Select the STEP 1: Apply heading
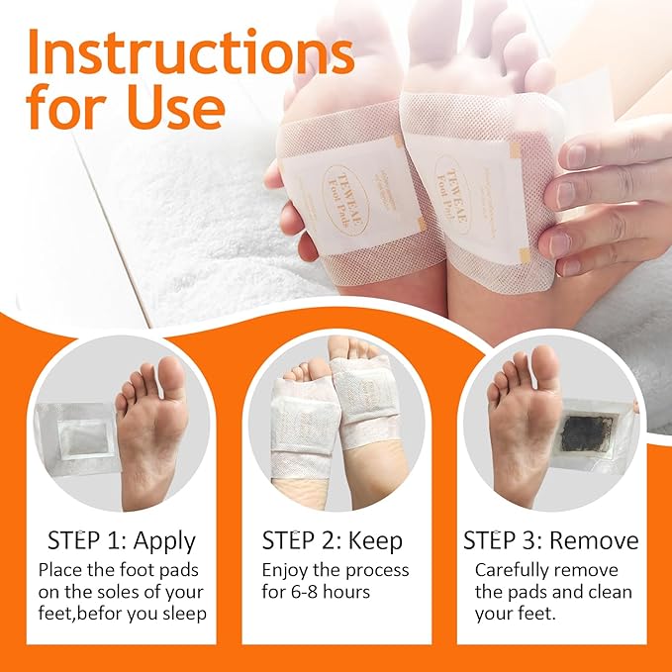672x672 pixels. pyautogui.click(x=121, y=540)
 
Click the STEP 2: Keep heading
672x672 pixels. pyautogui.click(x=332, y=540)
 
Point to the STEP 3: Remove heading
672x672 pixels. pyautogui.click(x=551, y=540)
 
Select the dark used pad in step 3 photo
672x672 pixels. pyautogui.click(x=587, y=432)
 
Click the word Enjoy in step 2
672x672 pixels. pyautogui.click(x=285, y=571)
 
